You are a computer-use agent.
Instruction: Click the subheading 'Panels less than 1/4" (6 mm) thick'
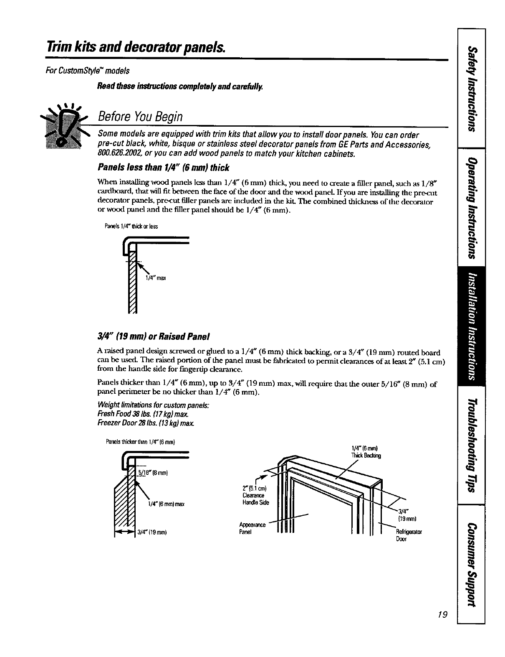point(163,168)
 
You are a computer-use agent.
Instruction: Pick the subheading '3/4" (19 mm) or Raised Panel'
point(153,336)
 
